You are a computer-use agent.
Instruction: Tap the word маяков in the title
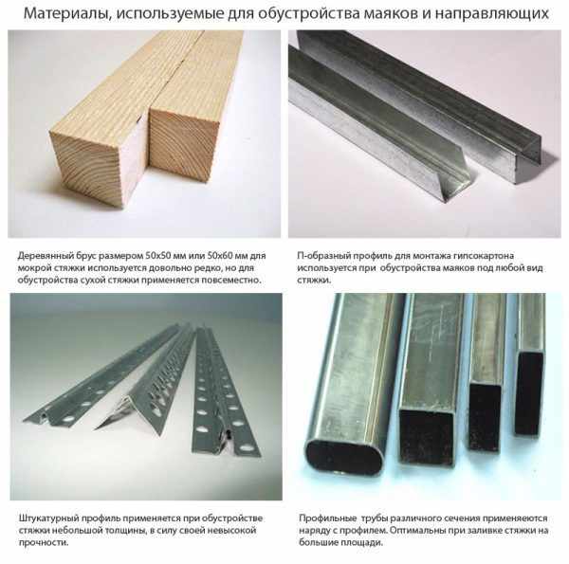[394, 14]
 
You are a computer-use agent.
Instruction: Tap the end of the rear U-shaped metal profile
[527, 159]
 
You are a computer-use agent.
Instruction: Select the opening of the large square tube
[426, 437]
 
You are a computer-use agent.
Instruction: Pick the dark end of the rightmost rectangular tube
[529, 392]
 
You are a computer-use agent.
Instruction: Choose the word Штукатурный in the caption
[48, 519]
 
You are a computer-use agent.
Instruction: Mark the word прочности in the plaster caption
[44, 543]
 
